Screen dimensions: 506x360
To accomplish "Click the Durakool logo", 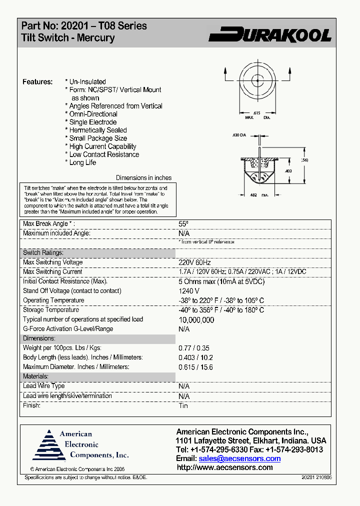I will tap(270, 34).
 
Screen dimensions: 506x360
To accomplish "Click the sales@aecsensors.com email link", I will tap(239, 458).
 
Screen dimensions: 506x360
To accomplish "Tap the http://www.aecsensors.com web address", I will tap(225, 467).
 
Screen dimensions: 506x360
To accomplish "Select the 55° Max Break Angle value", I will tap(183, 224).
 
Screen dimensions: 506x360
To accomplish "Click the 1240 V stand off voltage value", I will tap(189, 291).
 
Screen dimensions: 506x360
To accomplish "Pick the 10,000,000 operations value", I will tap(196, 320).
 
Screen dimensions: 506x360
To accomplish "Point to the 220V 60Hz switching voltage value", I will tap(195, 262).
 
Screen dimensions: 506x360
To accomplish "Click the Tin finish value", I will tap(183, 405).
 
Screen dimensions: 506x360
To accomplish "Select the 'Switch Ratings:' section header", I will tap(43, 253).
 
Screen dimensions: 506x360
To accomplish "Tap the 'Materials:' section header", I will tap(35, 376).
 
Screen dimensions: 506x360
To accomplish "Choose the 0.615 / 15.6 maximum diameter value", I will tap(195, 367).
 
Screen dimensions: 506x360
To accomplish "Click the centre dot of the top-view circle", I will tap(257, 79).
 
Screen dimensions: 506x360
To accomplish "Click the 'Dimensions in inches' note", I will tap(143, 177).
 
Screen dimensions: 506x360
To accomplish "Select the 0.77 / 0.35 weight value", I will tap(194, 348).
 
